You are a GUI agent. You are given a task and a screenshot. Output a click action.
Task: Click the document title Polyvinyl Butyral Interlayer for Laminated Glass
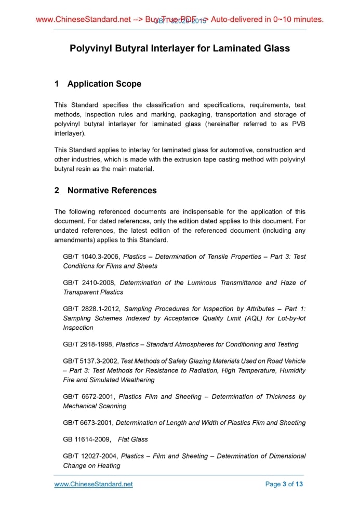click(x=180, y=48)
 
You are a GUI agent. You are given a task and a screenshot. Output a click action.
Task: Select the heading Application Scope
click(x=104, y=84)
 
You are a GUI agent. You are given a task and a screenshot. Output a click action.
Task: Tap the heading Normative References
click(x=112, y=190)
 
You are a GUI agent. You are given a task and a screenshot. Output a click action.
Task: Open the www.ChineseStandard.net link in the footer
click(x=94, y=484)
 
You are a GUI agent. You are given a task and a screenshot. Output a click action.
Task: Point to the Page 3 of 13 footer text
click(x=284, y=484)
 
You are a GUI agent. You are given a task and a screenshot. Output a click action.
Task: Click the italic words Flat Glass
click(x=133, y=439)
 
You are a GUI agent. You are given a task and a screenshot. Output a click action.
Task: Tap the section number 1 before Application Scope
click(x=57, y=84)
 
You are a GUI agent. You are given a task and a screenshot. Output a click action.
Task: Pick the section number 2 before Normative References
click(x=57, y=190)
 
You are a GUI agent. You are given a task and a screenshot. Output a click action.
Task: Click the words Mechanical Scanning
click(x=95, y=406)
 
